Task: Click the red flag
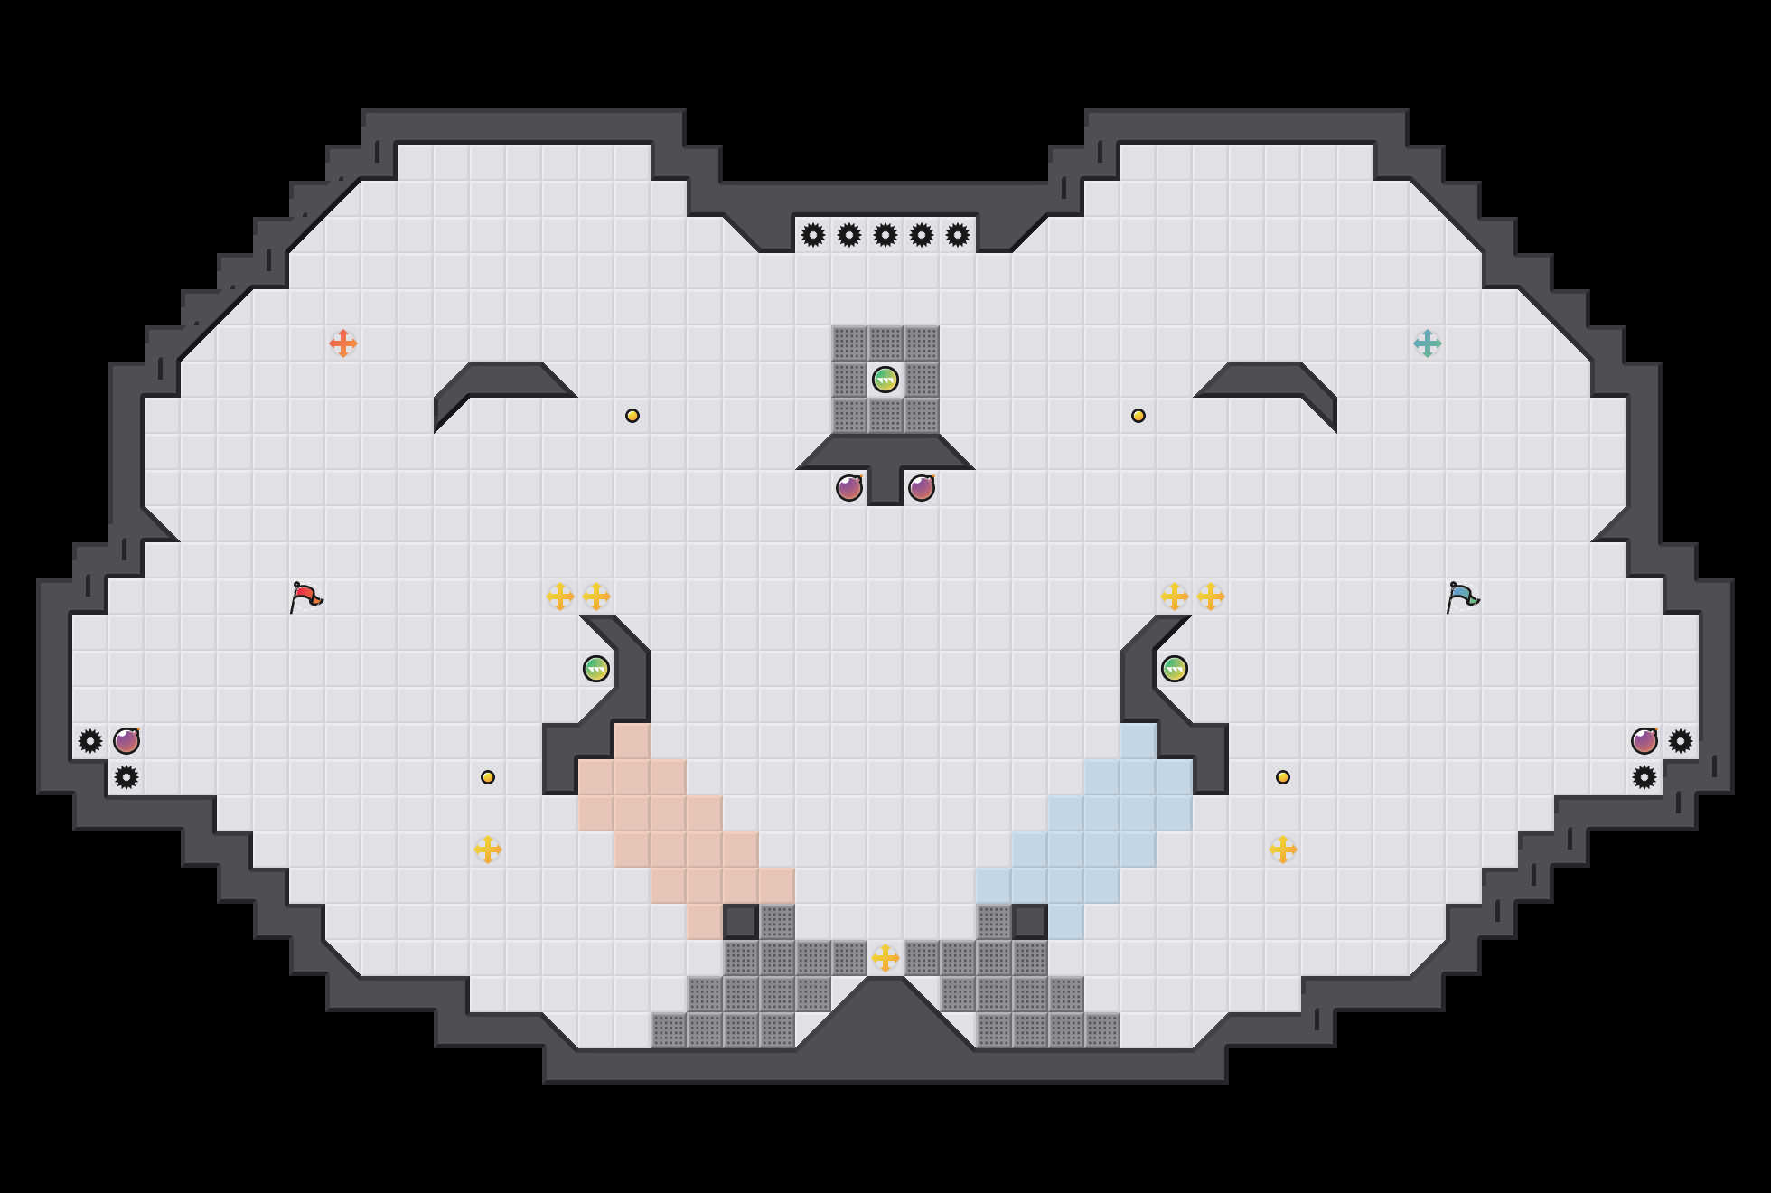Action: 305,596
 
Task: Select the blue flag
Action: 1462,596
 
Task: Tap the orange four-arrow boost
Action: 343,343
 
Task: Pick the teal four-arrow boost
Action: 1428,343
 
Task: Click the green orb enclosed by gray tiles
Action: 885,380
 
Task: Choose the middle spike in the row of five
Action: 885,235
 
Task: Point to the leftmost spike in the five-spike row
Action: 813,235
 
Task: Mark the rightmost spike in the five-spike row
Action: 958,235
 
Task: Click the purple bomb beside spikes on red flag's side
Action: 126,741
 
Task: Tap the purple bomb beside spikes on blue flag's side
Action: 1644,741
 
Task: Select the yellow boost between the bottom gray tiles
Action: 885,958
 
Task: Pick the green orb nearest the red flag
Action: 596,669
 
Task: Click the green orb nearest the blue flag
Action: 1175,669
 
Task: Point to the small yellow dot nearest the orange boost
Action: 632,416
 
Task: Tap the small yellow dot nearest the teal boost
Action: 1138,416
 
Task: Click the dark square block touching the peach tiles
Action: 741,922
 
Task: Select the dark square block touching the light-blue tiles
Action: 1030,922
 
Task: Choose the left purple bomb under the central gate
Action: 849,488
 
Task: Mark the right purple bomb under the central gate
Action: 922,488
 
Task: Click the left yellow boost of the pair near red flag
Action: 560,596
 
